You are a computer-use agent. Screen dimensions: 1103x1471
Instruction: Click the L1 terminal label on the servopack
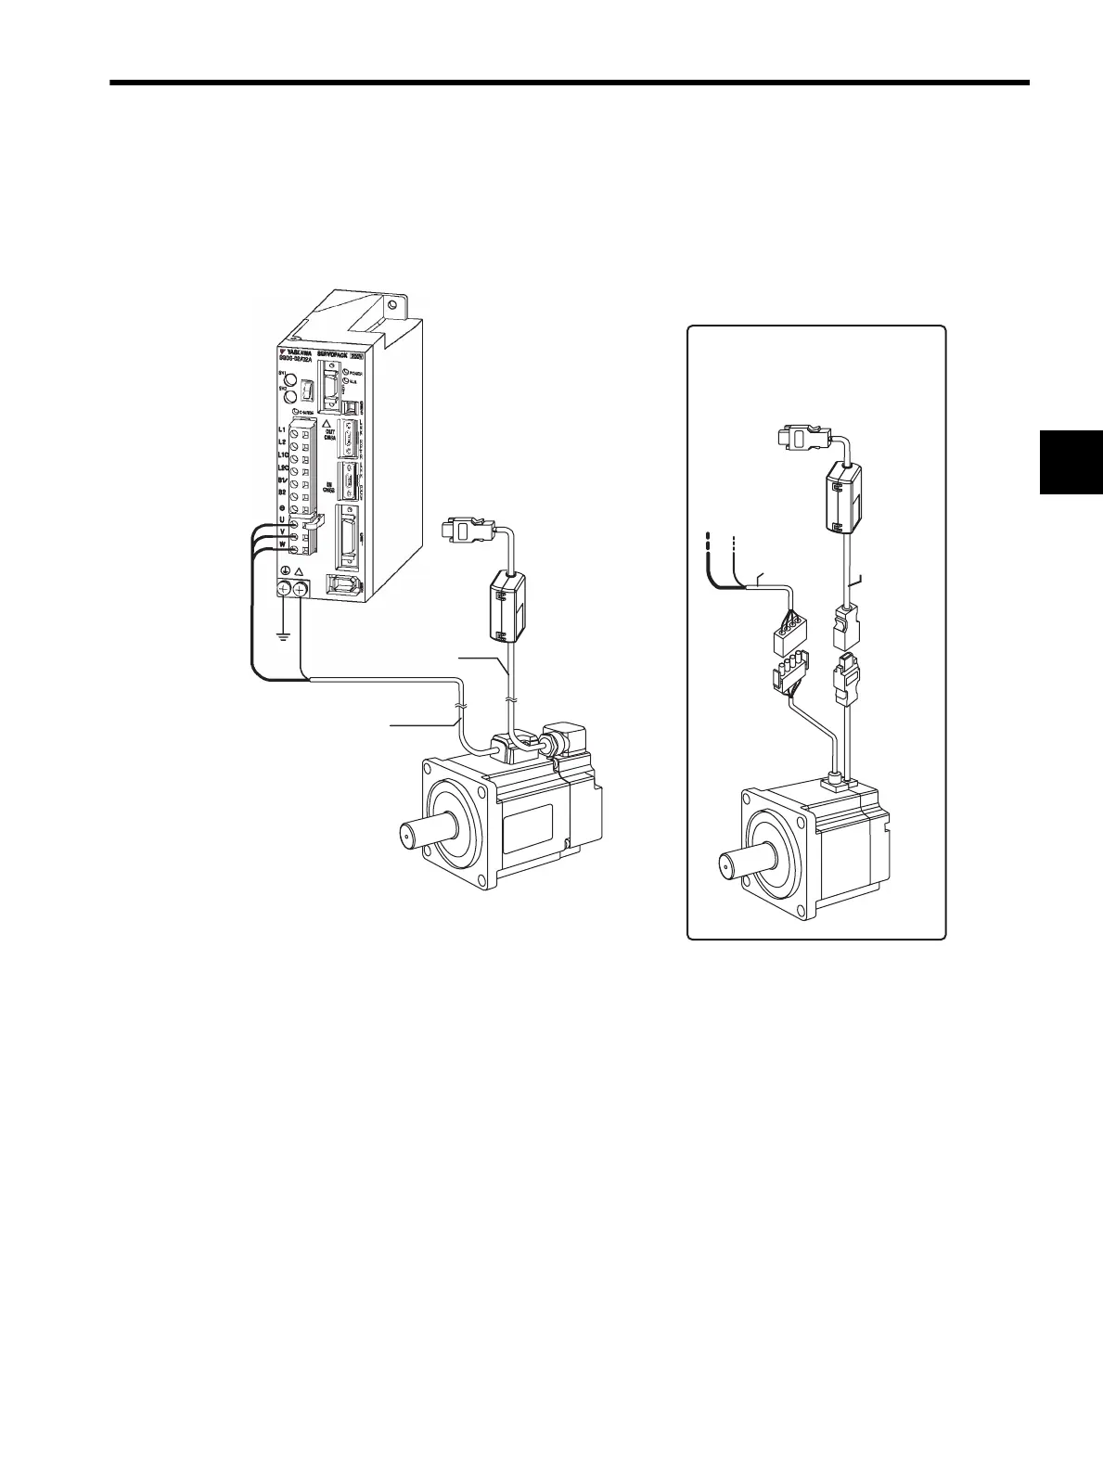coord(282,431)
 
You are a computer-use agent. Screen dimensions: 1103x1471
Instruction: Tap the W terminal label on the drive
coord(281,546)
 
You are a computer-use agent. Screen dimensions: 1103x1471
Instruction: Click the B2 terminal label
coord(281,494)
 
